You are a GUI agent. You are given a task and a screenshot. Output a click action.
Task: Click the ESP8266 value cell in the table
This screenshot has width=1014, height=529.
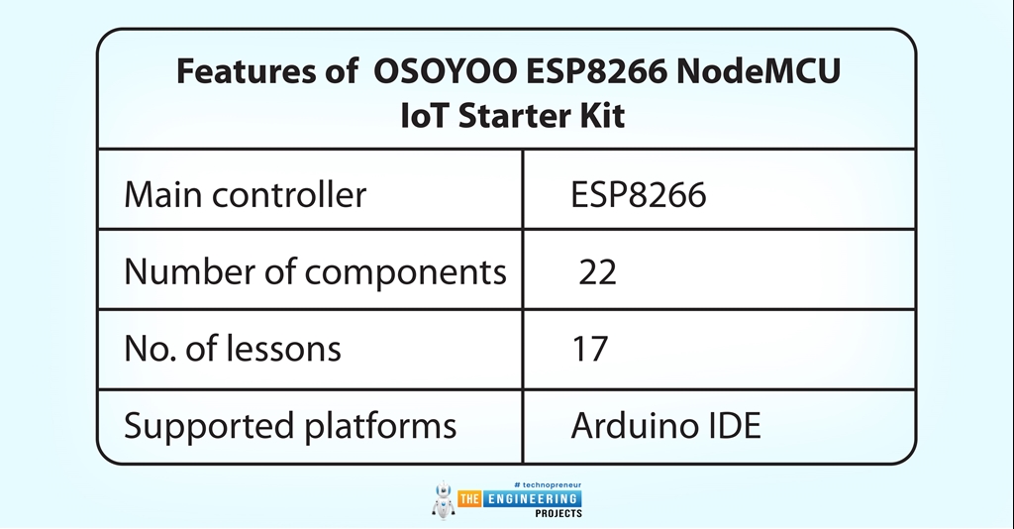638,194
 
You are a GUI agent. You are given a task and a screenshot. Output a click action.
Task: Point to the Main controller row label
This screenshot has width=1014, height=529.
245,194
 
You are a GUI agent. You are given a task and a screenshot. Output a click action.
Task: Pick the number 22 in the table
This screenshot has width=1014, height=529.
598,271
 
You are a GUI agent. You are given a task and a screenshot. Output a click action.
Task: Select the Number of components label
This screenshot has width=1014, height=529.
315,271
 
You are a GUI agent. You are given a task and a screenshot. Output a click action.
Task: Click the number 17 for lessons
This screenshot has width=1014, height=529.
590,349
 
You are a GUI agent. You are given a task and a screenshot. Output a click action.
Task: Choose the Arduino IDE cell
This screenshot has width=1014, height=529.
665,426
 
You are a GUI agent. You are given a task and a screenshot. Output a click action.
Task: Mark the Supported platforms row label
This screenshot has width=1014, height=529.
290,426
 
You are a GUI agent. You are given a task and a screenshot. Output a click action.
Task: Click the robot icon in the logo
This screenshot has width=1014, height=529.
443,499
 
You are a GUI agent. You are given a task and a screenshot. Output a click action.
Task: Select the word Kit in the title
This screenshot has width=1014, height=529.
604,116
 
